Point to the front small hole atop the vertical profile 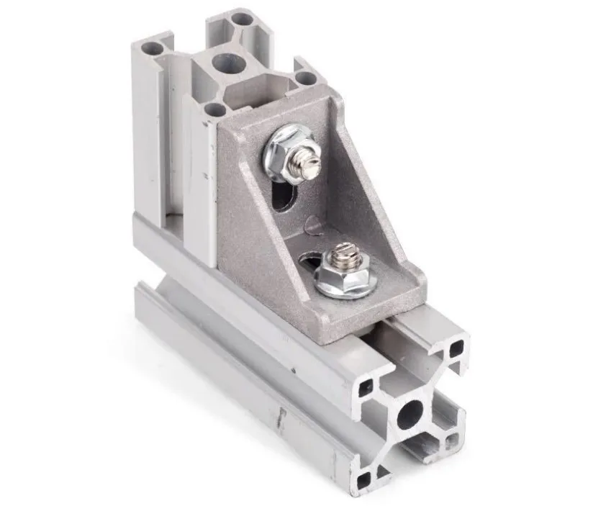[x=213, y=109]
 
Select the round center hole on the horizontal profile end [x=411, y=412]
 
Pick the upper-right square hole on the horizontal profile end [x=456, y=350]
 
